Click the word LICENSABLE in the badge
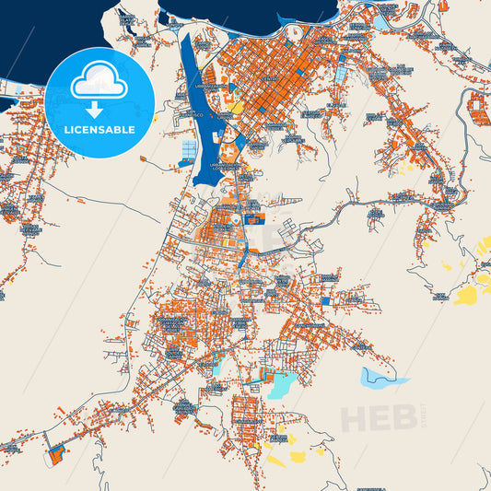99,130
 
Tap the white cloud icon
99,82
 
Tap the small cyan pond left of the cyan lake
217,368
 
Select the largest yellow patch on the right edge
469,295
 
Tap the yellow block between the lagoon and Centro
237,106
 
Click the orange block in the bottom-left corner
56,454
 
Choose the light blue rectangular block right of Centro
342,69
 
